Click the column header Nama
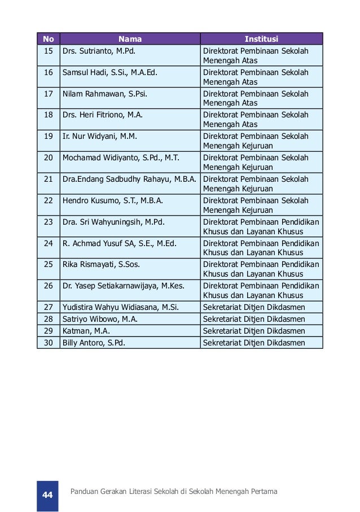(x=130, y=39)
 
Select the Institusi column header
(x=261, y=39)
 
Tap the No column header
(x=48, y=39)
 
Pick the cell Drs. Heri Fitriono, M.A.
(x=102, y=115)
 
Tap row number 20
(x=48, y=157)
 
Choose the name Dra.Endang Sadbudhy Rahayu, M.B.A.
(x=129, y=179)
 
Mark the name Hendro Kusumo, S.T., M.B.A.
(x=111, y=200)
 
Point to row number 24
(x=48, y=243)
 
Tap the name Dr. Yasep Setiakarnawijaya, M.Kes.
(x=124, y=286)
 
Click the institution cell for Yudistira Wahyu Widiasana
(x=254, y=307)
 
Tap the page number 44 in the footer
(x=47, y=495)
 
